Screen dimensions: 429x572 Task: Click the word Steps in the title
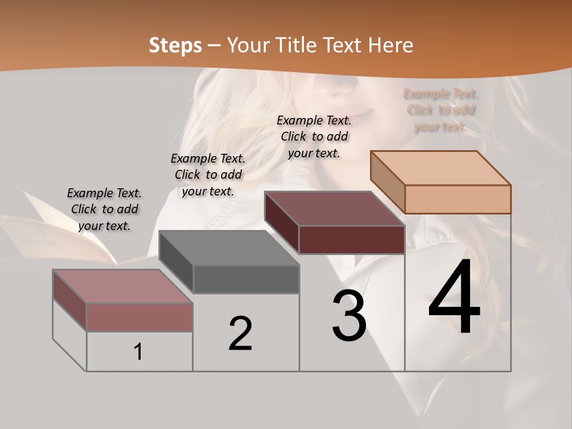click(175, 45)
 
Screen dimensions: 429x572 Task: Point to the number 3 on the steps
click(349, 316)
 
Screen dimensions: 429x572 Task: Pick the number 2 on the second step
click(240, 334)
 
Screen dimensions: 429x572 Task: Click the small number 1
click(138, 352)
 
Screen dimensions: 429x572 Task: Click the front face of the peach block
click(458, 199)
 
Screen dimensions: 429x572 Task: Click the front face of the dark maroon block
click(352, 240)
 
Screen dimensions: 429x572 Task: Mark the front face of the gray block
click(245, 279)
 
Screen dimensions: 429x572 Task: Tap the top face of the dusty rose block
click(123, 287)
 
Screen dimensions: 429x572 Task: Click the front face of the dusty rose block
click(139, 317)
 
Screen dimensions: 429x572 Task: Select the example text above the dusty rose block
click(104, 209)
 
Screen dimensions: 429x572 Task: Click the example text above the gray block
click(208, 175)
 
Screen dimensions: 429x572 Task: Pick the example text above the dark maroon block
click(314, 136)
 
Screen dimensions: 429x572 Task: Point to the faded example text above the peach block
click(440, 110)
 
